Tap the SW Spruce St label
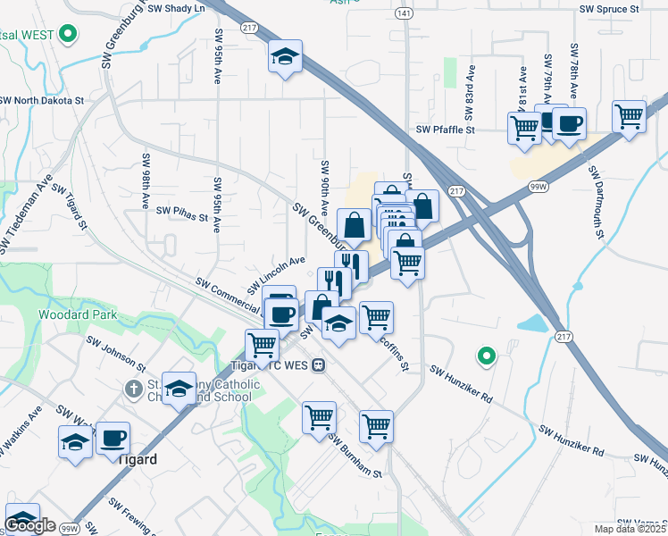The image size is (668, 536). (x=610, y=8)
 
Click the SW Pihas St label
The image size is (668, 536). (x=181, y=212)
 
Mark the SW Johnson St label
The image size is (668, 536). (x=115, y=353)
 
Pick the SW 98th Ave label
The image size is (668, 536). (x=144, y=180)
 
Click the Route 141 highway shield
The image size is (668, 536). (x=405, y=14)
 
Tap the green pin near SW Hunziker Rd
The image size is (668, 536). (x=486, y=356)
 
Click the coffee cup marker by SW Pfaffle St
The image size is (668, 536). (x=568, y=123)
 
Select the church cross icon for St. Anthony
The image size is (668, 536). (x=133, y=389)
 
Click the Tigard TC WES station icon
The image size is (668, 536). (x=318, y=364)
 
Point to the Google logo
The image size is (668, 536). (x=29, y=526)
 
